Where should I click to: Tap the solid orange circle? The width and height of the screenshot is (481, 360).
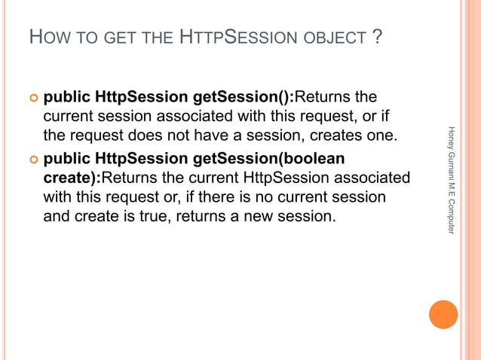pos(443,314)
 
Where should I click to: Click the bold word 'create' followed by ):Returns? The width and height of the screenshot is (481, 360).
pos(66,179)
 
